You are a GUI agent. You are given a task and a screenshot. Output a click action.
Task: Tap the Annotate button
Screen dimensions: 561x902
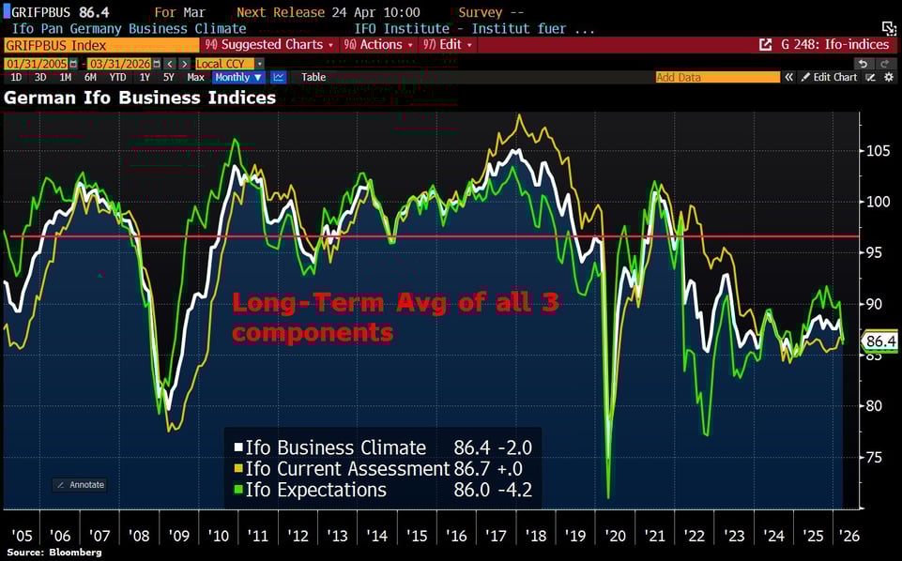pos(80,484)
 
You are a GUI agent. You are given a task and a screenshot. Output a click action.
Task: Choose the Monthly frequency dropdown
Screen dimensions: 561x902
pos(238,77)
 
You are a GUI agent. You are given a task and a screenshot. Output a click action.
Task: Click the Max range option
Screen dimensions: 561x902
pos(196,77)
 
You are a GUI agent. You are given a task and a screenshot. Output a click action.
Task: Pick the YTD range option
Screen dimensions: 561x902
pos(117,77)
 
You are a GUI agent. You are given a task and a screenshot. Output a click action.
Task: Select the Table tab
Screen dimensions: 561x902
pos(313,77)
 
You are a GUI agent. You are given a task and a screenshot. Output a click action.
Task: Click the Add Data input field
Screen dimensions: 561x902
pos(717,77)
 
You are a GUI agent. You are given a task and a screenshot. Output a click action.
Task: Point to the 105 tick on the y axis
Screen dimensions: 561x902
pos(876,150)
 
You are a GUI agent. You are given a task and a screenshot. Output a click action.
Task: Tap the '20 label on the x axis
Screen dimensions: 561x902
pos(615,536)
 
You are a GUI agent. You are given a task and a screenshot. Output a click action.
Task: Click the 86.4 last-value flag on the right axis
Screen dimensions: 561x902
pos(880,341)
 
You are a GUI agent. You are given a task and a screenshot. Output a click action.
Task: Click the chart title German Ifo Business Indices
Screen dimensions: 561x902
pos(141,98)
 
